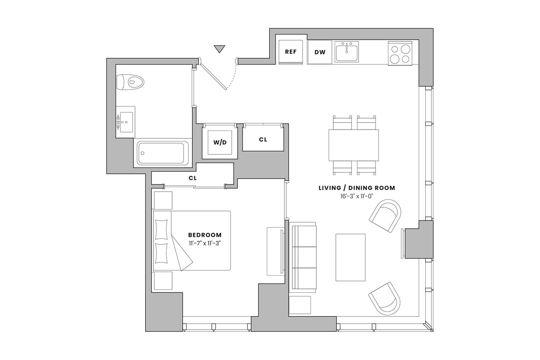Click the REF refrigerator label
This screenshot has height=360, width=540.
[x=291, y=52]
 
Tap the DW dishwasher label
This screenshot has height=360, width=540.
[x=320, y=52]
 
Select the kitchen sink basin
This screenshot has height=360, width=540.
[x=346, y=51]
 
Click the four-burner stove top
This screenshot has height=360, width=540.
[x=400, y=53]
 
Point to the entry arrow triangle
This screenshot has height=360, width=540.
[x=219, y=49]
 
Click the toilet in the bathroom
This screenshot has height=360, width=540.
[x=130, y=82]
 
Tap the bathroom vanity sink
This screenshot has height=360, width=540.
[x=125, y=122]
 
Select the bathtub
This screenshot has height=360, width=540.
[x=163, y=153]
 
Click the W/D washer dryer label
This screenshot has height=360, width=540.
[x=220, y=143]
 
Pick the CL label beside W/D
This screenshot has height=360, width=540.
[x=263, y=140]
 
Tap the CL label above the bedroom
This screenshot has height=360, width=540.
[x=193, y=178]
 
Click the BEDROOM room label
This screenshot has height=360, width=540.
[x=205, y=235]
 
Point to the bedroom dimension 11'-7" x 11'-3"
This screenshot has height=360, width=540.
[x=205, y=243]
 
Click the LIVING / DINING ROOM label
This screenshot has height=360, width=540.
[x=357, y=188]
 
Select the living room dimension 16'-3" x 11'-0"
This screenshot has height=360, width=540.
[x=357, y=196]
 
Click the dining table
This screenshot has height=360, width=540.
[x=354, y=145]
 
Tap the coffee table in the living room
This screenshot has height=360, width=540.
[x=351, y=257]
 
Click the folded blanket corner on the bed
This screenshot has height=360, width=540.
[x=182, y=253]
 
